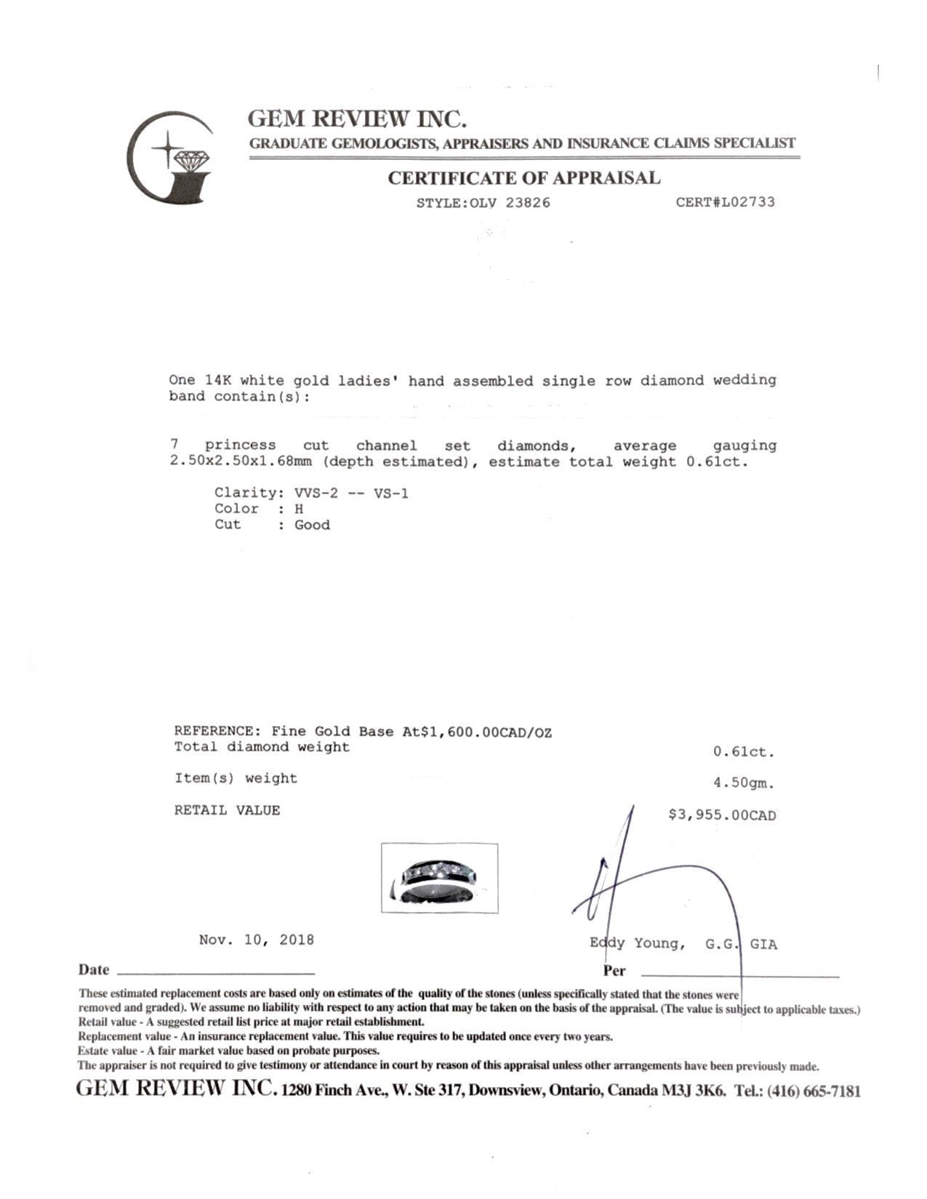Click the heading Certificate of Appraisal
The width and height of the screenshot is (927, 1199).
tap(523, 178)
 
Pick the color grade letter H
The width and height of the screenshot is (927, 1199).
tap(299, 509)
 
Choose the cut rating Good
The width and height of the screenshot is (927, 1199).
tap(312, 525)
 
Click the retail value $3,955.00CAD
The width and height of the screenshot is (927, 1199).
tap(722, 815)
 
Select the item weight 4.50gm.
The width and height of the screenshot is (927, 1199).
tap(745, 783)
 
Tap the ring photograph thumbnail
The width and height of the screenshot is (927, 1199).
tap(440, 878)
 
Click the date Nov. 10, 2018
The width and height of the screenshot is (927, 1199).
tap(257, 940)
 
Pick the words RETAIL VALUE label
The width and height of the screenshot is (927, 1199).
tap(227, 810)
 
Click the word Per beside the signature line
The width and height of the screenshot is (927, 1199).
tap(614, 971)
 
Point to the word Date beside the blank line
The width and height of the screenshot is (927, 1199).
tap(94, 970)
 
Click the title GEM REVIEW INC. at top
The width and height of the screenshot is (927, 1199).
tap(357, 118)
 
